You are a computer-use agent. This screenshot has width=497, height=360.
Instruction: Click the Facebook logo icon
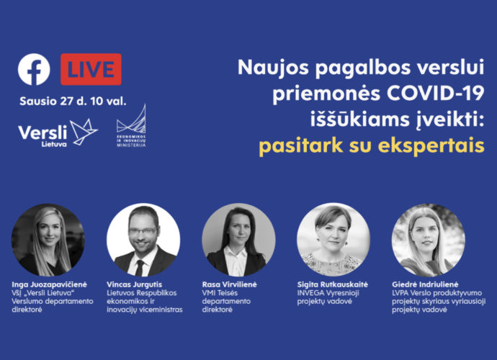click(34, 69)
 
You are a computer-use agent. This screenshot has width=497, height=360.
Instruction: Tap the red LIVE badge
click(91, 69)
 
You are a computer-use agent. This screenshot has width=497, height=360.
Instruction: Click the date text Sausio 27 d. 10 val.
click(73, 101)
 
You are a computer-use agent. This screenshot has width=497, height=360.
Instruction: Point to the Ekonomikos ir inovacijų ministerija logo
click(131, 126)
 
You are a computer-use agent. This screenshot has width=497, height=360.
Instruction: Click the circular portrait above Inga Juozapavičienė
click(48, 240)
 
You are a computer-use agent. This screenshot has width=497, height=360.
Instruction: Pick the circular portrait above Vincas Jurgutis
click(143, 240)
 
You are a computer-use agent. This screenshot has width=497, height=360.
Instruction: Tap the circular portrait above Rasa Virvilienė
click(238, 240)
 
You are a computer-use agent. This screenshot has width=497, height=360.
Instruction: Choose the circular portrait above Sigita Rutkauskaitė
click(333, 240)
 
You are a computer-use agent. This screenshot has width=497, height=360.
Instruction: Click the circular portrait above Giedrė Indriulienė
click(429, 240)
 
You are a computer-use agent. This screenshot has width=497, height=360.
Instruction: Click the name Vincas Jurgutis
click(135, 284)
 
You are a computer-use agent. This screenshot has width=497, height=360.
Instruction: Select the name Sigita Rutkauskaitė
click(333, 284)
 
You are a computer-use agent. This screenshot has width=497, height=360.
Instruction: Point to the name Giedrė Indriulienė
click(425, 284)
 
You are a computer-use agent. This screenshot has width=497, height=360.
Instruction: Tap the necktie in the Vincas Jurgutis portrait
click(140, 268)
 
